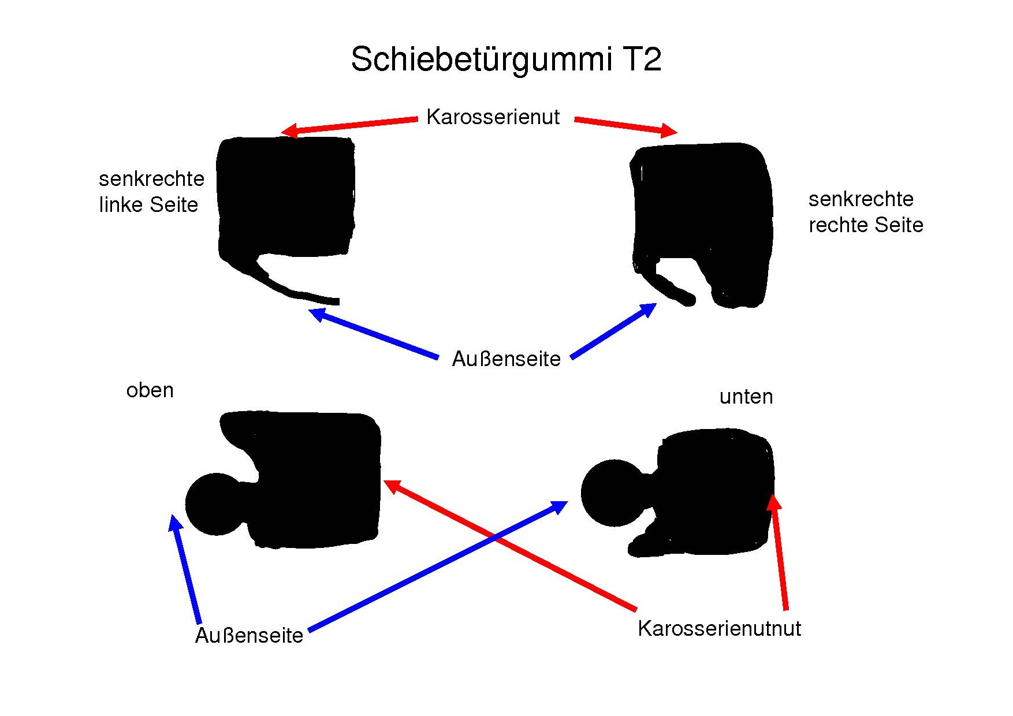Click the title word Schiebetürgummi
pos(481,59)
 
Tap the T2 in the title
pos(641,59)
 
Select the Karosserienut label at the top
pos(493,117)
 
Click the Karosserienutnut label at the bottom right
pos(719,628)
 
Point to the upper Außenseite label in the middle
pos(506,359)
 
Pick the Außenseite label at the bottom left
pos(249,635)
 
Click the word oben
pos(150,390)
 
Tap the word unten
pos(746,397)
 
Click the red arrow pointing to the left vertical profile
pos(349,126)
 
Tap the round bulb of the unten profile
pos(613,493)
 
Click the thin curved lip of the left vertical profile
pos(295,291)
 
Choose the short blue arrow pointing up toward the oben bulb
pos(185,569)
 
